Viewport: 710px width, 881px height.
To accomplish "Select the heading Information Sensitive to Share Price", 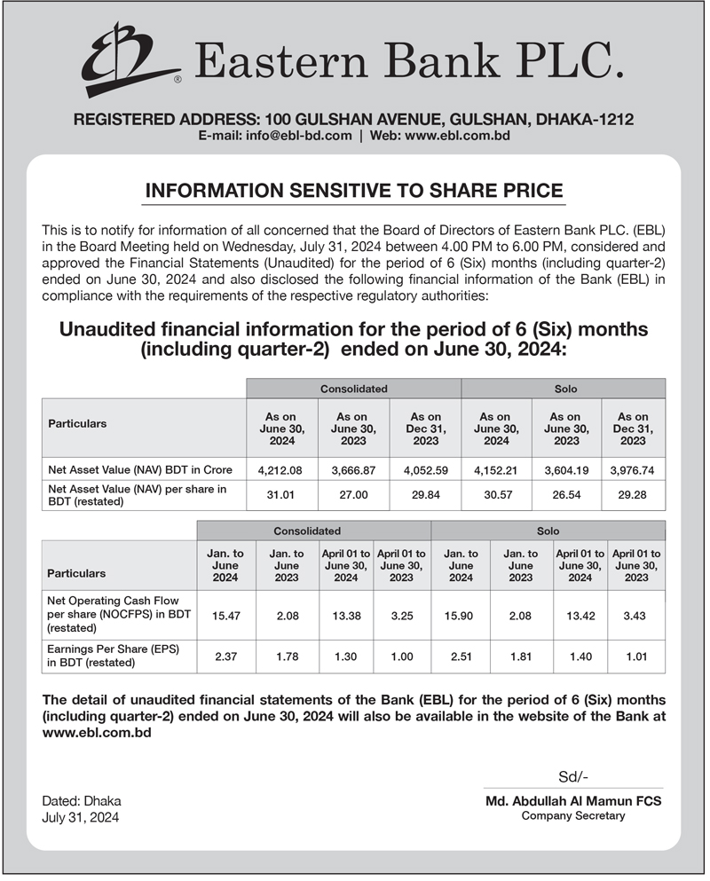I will point(353,190).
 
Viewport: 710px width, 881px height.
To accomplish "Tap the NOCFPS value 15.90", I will point(461,614).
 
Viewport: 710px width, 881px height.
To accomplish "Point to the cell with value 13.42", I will point(580,614).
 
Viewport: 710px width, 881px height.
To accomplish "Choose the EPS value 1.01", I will point(636,657).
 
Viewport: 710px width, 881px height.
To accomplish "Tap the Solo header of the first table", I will point(564,389).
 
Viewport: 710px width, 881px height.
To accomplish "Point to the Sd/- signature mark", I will point(572,777).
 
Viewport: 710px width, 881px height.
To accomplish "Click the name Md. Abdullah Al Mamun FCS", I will point(573,800).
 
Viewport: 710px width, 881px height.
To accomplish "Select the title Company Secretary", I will point(573,815).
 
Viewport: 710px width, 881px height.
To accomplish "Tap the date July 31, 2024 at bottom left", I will point(80,817).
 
